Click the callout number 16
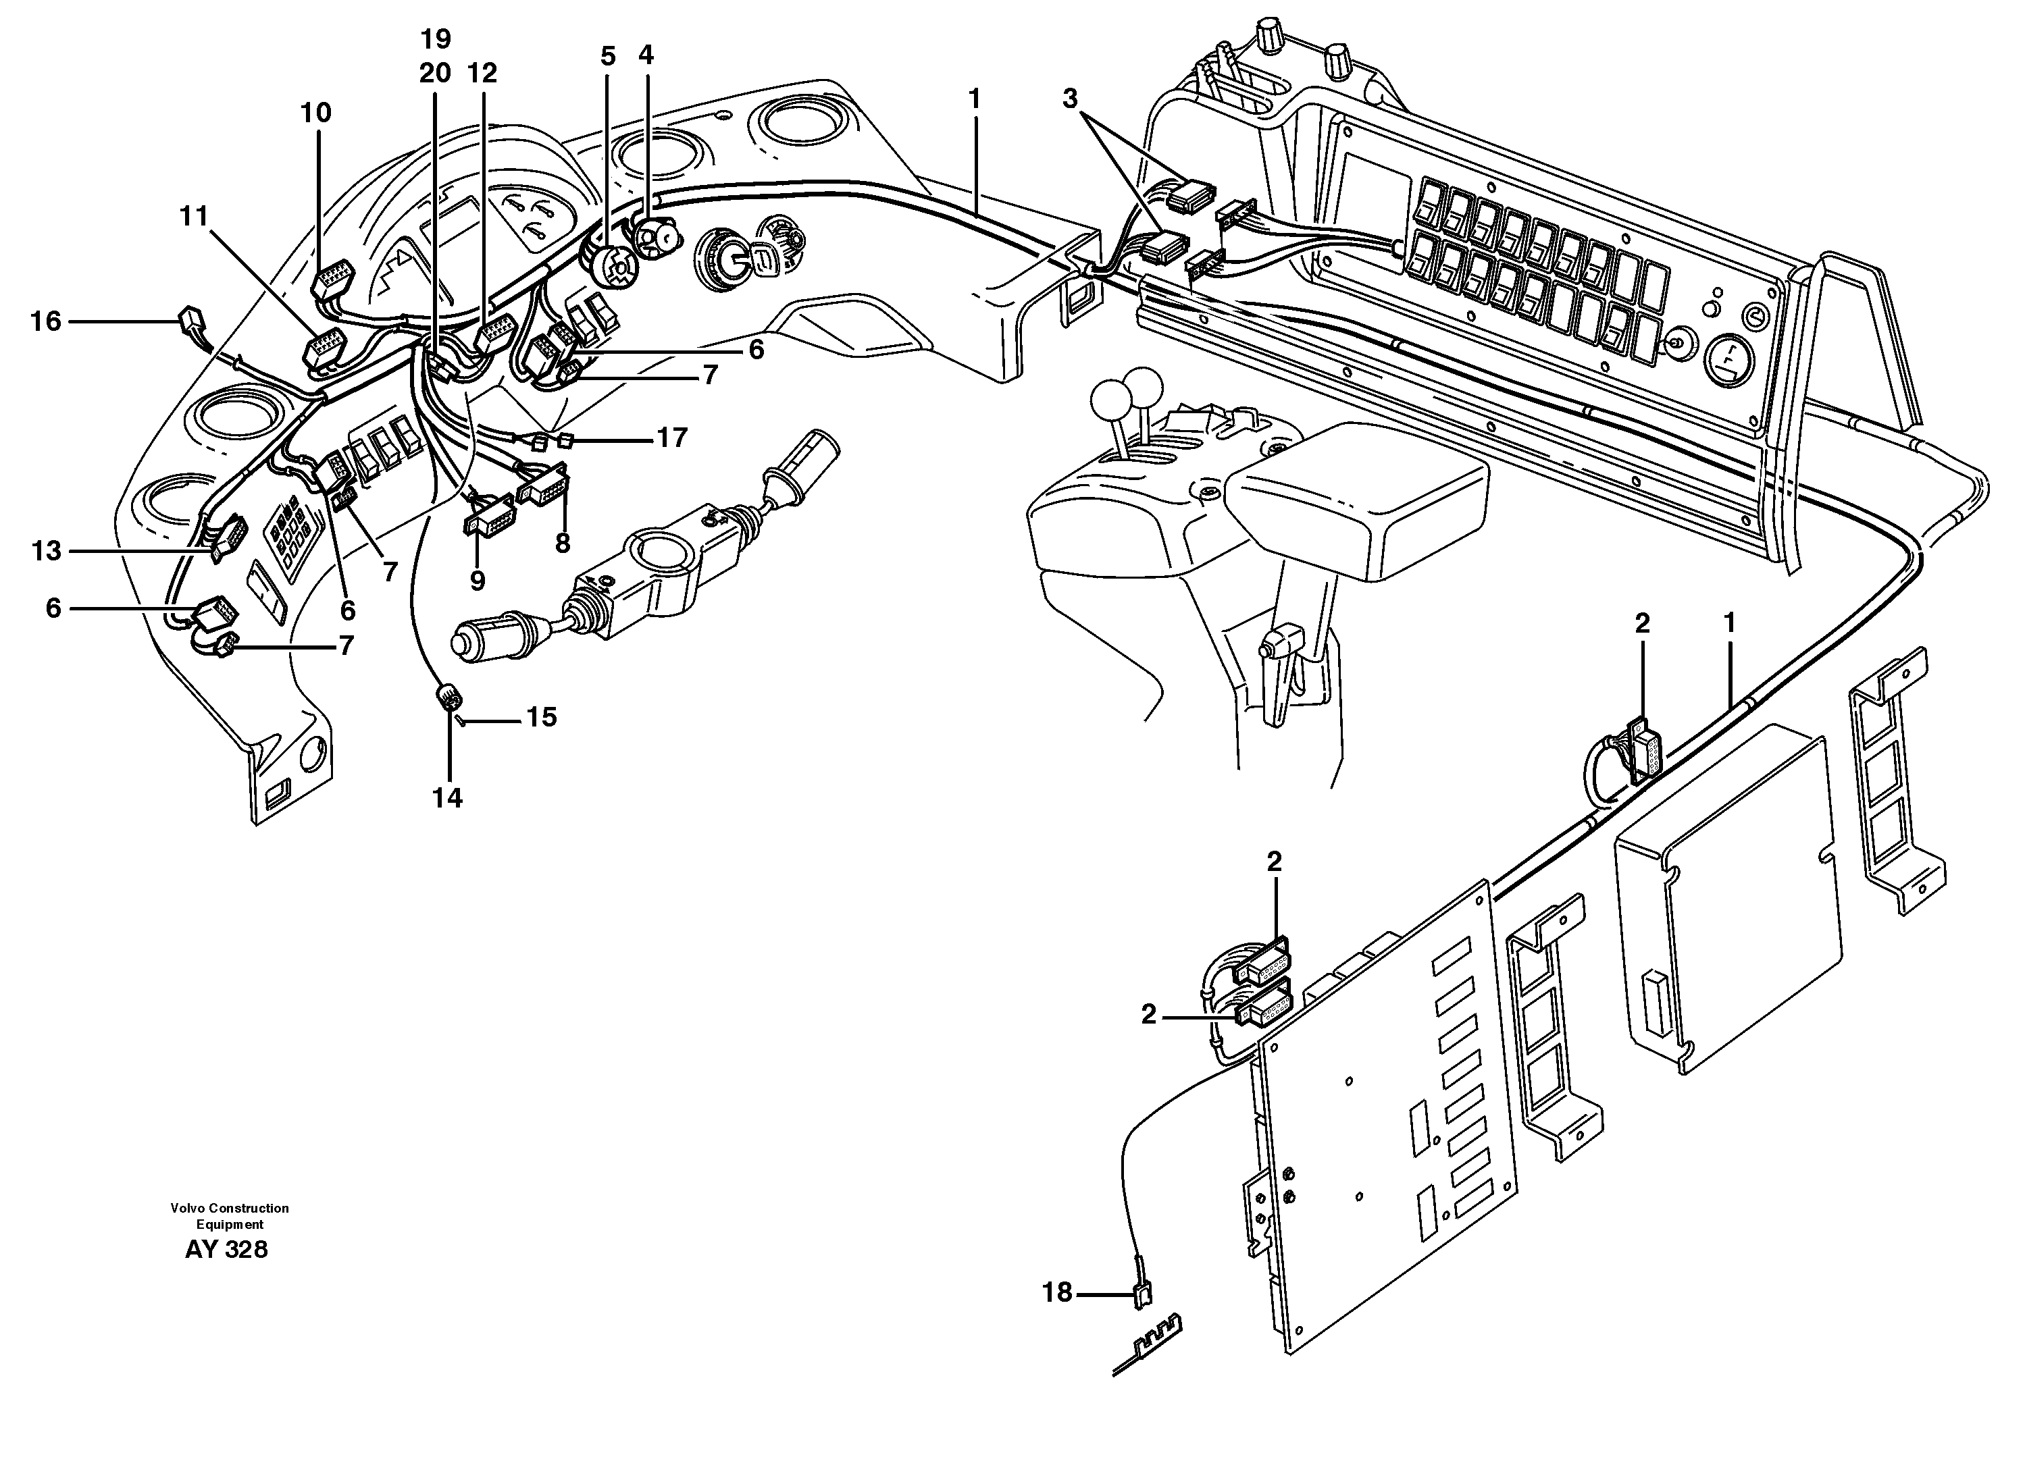point(46,321)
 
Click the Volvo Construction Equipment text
point(230,1216)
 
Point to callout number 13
point(46,550)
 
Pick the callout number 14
point(447,797)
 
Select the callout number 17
point(671,438)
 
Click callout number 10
point(315,112)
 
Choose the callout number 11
point(194,216)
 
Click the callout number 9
point(478,581)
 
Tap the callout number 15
point(540,717)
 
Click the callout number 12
point(482,72)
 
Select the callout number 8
point(562,543)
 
